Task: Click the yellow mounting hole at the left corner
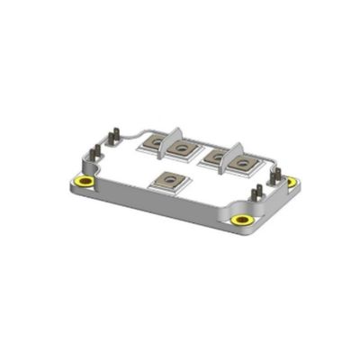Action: pyautogui.click(x=85, y=183)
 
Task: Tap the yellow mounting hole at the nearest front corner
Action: pyautogui.click(x=242, y=219)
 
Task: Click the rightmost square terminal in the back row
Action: pyautogui.click(x=243, y=164)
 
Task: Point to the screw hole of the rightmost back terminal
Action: pyautogui.click(x=243, y=164)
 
